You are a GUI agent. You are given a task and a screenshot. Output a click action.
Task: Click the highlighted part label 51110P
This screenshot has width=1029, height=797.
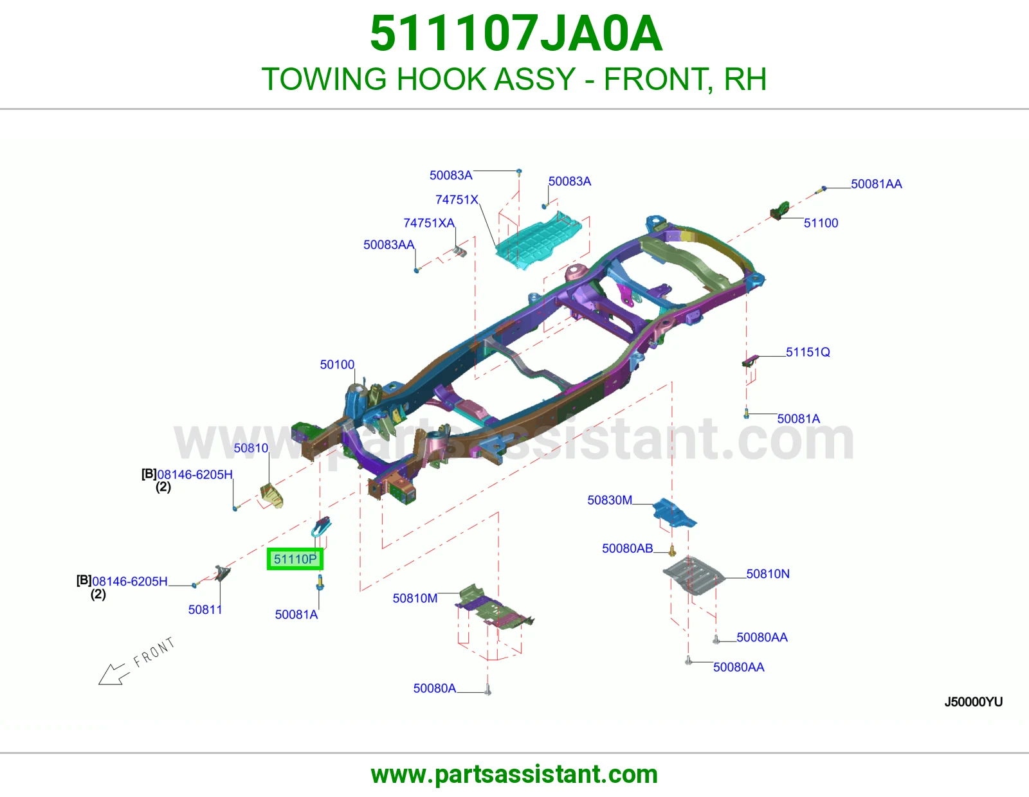tap(295, 559)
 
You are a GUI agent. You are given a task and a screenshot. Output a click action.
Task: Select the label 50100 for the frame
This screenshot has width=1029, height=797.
tap(337, 364)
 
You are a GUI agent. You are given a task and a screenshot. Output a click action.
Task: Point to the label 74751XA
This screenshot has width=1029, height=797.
tap(428, 223)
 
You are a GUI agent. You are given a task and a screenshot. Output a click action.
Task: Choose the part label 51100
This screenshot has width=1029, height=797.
tap(821, 223)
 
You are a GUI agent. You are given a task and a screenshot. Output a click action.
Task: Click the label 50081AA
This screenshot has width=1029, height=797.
tap(876, 184)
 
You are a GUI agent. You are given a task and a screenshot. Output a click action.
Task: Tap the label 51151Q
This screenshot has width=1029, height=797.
tap(807, 352)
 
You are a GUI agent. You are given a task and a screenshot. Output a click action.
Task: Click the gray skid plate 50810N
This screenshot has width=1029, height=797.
tap(694, 575)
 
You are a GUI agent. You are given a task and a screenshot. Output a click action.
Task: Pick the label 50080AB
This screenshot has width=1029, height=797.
tap(627, 548)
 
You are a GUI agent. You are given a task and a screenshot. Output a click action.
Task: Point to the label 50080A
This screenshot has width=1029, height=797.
tap(434, 688)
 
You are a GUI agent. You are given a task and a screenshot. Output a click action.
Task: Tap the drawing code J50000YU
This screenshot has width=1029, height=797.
tap(973, 702)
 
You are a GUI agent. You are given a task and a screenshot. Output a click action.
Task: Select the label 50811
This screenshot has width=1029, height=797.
tap(205, 609)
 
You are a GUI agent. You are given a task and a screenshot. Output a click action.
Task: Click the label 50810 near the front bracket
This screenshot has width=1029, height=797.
tap(251, 448)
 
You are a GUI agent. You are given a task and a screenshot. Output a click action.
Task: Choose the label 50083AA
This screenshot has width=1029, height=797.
tap(388, 245)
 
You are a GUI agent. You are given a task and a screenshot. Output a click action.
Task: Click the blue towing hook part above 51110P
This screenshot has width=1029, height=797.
tap(320, 527)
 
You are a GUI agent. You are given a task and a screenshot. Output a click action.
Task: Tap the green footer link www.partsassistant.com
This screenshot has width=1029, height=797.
tap(514, 775)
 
